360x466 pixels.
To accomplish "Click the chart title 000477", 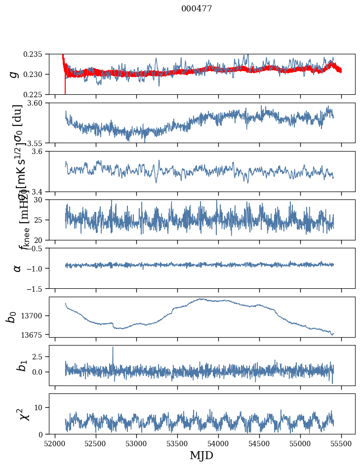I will coord(197,9).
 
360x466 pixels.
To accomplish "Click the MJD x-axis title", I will coord(201,455).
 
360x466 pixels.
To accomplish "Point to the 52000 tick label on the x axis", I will coord(55,443).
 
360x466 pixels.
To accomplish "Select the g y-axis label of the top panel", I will coord(14,74).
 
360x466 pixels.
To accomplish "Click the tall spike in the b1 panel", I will coord(113,348).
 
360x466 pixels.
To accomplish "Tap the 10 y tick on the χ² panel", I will coord(41,407).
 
